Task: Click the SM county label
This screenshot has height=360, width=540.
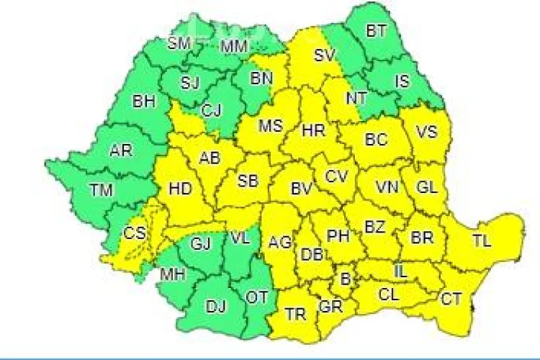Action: [x=179, y=43]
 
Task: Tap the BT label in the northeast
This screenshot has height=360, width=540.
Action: [x=376, y=31]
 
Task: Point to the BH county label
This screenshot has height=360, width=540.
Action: [x=143, y=102]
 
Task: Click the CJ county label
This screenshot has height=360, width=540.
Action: [x=211, y=110]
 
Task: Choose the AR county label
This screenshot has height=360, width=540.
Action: [x=120, y=151]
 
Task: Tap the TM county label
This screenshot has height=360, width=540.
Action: [x=100, y=191]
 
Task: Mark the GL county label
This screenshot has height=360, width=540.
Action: [x=426, y=187]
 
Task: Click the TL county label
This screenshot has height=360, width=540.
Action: [x=482, y=242]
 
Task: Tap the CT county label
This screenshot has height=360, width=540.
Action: [x=451, y=298]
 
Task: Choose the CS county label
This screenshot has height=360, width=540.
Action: [x=133, y=233]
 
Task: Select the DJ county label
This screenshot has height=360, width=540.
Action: [x=215, y=307]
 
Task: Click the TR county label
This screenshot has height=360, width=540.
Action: [x=295, y=314]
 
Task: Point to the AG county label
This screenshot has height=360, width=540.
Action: [x=279, y=243]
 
